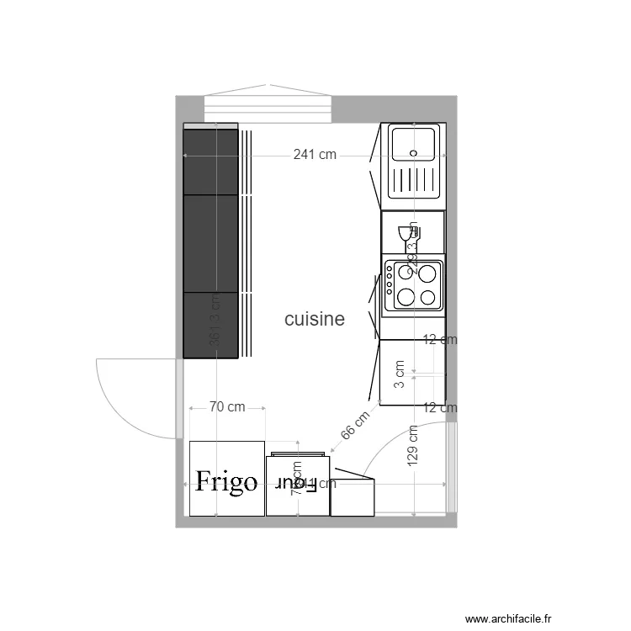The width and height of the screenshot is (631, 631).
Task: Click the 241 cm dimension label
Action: pyautogui.click(x=315, y=155)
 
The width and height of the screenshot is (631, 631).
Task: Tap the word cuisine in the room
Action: pyautogui.click(x=315, y=320)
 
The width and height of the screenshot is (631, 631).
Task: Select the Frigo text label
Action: pyautogui.click(x=226, y=482)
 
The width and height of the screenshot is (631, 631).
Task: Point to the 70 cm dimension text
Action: pyautogui.click(x=227, y=407)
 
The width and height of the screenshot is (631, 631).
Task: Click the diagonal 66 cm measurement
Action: pyautogui.click(x=355, y=427)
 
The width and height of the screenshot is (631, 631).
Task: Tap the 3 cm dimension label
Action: pyautogui.click(x=400, y=373)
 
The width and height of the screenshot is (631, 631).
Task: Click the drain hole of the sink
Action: pyautogui.click(x=413, y=153)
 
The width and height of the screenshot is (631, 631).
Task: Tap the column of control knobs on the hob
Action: pyautogui.click(x=390, y=284)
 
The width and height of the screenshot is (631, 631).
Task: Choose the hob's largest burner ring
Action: pyautogui.click(x=429, y=273)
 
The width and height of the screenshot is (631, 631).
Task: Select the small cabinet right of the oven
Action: pyautogui.click(x=353, y=497)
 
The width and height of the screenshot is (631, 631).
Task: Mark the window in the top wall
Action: pyautogui.click(x=268, y=109)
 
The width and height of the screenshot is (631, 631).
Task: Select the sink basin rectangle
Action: pyautogui.click(x=412, y=144)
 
